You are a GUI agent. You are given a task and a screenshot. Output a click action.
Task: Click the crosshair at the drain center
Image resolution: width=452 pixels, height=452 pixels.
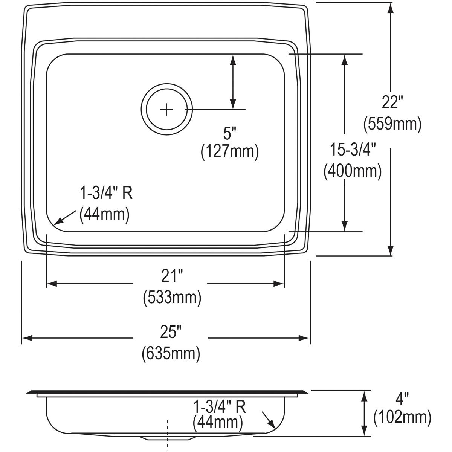[166, 110]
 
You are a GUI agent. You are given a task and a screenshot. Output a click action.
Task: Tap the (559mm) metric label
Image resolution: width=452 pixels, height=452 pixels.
[392, 124]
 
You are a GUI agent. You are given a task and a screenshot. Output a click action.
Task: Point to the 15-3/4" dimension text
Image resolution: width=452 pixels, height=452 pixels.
[353, 150]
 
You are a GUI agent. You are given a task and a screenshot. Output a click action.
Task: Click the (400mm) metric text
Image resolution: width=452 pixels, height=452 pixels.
[353, 171]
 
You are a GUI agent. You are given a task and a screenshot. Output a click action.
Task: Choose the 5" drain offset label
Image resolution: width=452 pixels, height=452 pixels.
[230, 132]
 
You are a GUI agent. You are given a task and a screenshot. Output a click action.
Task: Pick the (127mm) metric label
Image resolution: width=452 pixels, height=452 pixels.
[230, 152]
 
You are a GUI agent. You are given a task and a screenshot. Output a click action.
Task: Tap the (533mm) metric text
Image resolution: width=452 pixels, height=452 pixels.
[172, 298]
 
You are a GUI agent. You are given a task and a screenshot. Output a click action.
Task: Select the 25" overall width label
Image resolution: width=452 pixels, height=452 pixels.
[171, 332]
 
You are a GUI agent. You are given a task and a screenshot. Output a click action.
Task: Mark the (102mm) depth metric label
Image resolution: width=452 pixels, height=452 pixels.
[402, 417]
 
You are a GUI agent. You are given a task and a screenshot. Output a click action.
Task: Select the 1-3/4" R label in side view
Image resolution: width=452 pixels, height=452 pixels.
[219, 407]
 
